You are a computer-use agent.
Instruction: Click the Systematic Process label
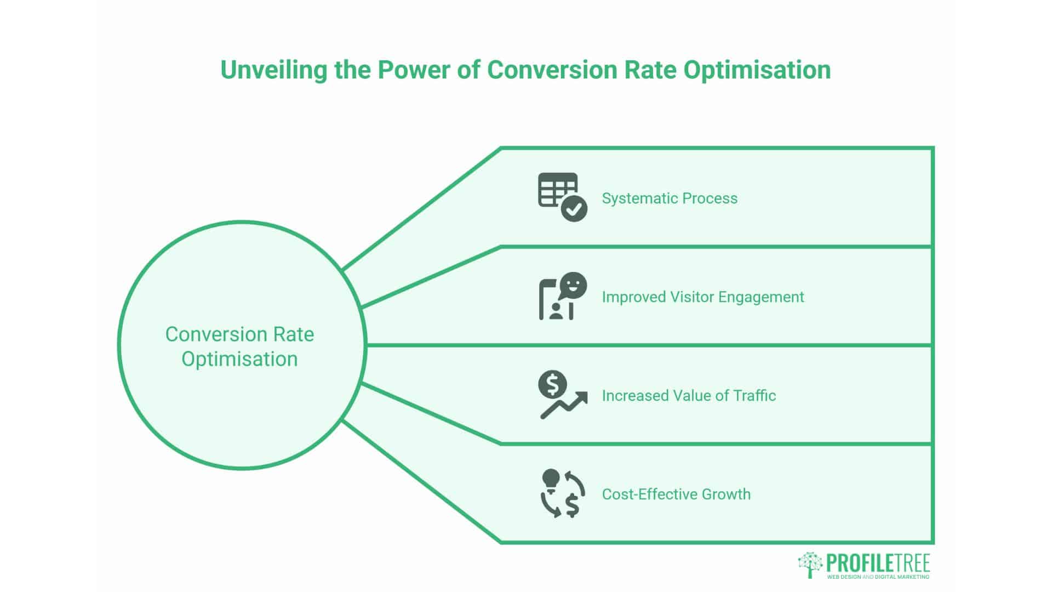click(669, 198)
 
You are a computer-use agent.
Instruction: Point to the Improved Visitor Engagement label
click(702, 297)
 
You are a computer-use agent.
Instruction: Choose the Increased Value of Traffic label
click(688, 395)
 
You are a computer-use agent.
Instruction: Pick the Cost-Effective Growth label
click(676, 494)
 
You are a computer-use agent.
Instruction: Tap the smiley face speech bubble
click(573, 285)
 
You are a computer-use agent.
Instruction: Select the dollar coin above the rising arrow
click(552, 384)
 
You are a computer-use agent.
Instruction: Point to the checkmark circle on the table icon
click(574, 209)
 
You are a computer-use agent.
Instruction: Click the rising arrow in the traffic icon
click(564, 406)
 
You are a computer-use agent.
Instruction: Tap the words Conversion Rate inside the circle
click(239, 334)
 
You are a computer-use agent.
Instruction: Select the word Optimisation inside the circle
click(239, 359)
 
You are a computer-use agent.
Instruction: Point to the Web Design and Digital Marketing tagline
click(878, 577)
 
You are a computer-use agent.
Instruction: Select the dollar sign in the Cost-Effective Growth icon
click(573, 505)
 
